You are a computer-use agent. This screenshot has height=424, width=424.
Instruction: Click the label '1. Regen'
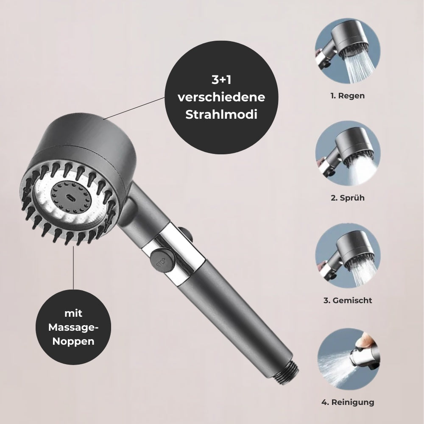pos(347,96)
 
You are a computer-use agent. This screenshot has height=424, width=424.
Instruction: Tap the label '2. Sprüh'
pos(347,198)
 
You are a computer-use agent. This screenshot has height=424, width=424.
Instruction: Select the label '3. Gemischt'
pos(348,300)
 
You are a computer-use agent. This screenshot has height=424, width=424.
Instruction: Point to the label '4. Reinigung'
pos(348,402)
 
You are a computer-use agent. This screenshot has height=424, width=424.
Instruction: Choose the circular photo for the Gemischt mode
pos(348,255)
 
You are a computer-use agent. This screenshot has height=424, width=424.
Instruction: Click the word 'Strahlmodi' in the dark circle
pos(221,114)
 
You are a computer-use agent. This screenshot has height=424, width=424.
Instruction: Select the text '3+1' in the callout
pos(221,79)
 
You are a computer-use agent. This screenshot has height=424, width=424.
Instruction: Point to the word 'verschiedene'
pos(221,97)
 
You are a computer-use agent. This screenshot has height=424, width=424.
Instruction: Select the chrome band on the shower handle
pos(178,259)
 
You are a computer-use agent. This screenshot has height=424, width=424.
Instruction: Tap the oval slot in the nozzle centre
pos(67,198)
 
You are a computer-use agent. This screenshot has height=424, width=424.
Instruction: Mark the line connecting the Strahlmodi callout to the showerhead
pos(134,108)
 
